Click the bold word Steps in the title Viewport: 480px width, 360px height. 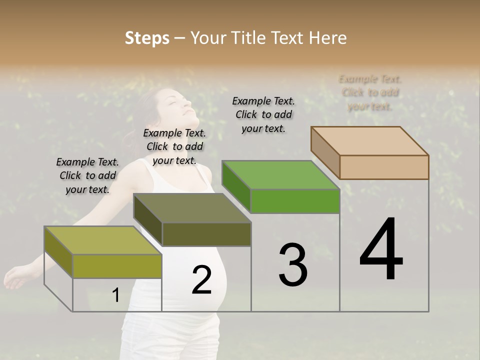pos(147,38)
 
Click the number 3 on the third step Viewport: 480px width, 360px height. pos(293,265)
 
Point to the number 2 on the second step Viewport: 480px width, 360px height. pos(201,280)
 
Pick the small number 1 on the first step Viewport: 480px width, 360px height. pos(115,295)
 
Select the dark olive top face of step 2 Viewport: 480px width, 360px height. pos(192,208)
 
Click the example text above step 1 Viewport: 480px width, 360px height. pos(87,175)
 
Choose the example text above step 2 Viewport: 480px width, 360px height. pos(174,146)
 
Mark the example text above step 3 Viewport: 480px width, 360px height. pos(263,114)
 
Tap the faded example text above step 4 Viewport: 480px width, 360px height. pos(370,92)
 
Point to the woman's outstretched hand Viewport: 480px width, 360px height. pos(15,274)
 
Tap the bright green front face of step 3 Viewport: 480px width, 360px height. pos(295,201)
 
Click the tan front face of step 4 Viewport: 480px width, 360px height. pos(384,167)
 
